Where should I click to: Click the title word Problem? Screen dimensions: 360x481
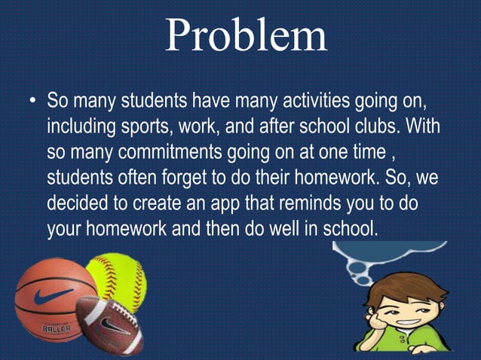(x=246, y=35)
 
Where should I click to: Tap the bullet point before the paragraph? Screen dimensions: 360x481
(x=32, y=99)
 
